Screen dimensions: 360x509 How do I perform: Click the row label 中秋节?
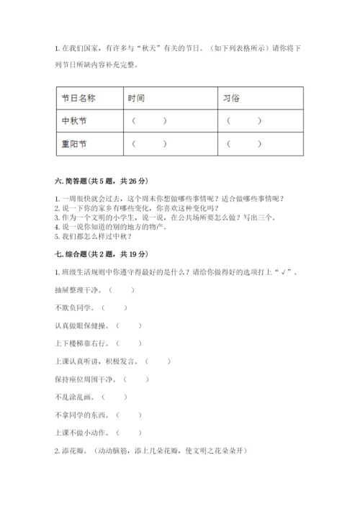click(x=75, y=121)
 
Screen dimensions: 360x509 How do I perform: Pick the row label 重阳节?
click(x=75, y=144)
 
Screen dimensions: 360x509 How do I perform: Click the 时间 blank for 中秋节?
click(x=150, y=121)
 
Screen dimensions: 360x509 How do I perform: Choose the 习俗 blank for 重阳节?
click(x=244, y=144)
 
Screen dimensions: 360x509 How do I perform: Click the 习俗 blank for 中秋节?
click(x=244, y=121)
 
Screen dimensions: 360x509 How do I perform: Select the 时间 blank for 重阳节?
click(x=150, y=144)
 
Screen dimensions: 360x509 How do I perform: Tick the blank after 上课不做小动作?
click(x=128, y=433)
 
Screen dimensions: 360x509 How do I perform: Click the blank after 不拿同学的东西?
click(x=128, y=415)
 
